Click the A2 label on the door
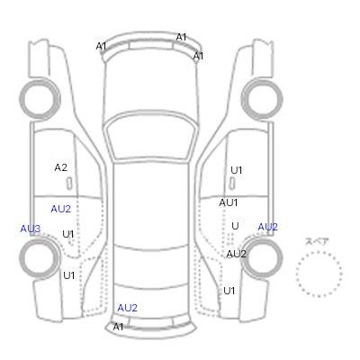(x=60, y=167)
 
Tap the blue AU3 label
(x=30, y=229)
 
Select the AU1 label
(x=229, y=202)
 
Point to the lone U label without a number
(x=235, y=226)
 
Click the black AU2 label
(x=236, y=254)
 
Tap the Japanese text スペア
(x=317, y=241)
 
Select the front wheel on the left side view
(x=40, y=99)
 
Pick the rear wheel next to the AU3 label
(x=40, y=257)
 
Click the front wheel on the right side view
(x=262, y=99)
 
